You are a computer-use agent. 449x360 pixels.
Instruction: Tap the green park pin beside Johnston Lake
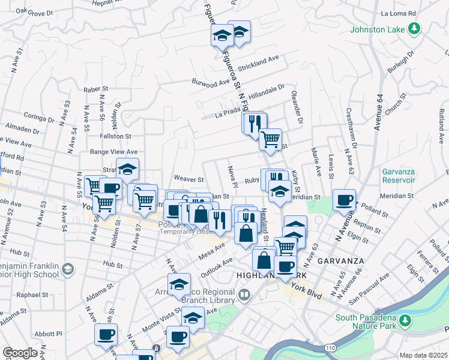click(413, 28)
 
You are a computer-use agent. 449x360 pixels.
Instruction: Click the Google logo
click(19, 353)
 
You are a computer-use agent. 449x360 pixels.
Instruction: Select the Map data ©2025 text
click(423, 355)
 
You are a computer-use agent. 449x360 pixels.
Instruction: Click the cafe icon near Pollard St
click(345, 200)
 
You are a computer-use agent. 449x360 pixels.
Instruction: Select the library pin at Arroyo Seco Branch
click(244, 294)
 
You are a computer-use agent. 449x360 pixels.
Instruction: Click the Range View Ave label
click(113, 152)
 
